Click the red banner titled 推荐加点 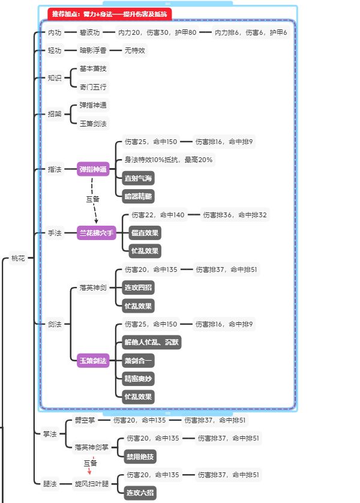click(109, 14)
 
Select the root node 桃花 click(18, 259)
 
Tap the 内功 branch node click(55, 32)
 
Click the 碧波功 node click(90, 32)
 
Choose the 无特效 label click(135, 50)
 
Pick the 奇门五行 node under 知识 click(93, 87)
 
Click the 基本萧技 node click(93, 69)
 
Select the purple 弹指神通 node click(93, 169)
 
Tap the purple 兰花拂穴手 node click(96, 233)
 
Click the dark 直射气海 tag click(138, 178)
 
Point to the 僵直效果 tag click(145, 233)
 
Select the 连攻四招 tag click(138, 288)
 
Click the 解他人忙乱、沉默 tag click(151, 342)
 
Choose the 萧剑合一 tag click(138, 361)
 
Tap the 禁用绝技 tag click(140, 457)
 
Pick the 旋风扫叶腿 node click(92, 483)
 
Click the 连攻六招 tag click(140, 493)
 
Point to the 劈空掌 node click(85, 420)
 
